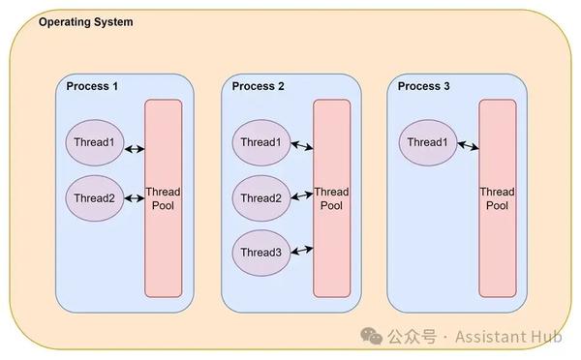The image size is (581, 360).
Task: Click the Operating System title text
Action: pyautogui.click(x=86, y=21)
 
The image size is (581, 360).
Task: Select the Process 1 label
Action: pyautogui.click(x=92, y=86)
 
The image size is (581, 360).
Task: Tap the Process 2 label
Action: pyautogui.click(x=259, y=86)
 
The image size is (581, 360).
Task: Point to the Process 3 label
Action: pyautogui.click(x=424, y=86)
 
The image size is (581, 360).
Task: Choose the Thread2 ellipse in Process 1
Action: pyautogui.click(x=94, y=198)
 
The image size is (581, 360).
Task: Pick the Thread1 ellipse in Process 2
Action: pyautogui.click(x=260, y=143)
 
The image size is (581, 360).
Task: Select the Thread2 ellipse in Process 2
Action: pyautogui.click(x=260, y=198)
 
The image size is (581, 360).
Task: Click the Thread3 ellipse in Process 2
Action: pyautogui.click(x=260, y=253)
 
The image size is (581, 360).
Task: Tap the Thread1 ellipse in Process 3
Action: pyautogui.click(x=427, y=143)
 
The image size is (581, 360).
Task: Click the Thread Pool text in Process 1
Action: pyautogui.click(x=163, y=198)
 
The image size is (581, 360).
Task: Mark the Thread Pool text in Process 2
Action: pyautogui.click(x=331, y=198)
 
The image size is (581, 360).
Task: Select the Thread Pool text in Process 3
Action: pyautogui.click(x=497, y=198)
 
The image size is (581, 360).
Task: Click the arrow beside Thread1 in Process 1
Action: pyautogui.click(x=134, y=148)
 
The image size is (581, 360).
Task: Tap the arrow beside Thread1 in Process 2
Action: pyautogui.click(x=301, y=146)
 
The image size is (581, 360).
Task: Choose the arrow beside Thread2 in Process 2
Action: pyautogui.click(x=301, y=196)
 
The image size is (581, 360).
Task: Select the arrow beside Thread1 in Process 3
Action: pyautogui.click(x=469, y=146)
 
